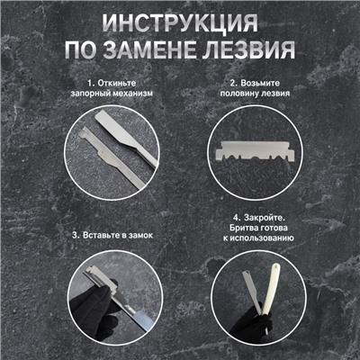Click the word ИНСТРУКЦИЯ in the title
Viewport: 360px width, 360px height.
180,22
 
